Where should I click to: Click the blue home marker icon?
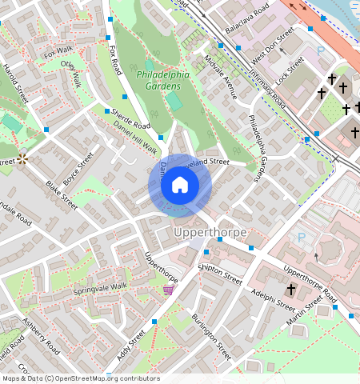pyautogui.click(x=180, y=186)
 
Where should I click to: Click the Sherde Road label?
pyautogui.click(x=131, y=119)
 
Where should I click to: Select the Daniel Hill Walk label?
pyautogui.click(x=134, y=138)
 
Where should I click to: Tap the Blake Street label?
pyautogui.click(x=61, y=195)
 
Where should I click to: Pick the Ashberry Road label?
pyautogui.click(x=41, y=337)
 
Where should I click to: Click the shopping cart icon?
pyautogui.click(x=168, y=290)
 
